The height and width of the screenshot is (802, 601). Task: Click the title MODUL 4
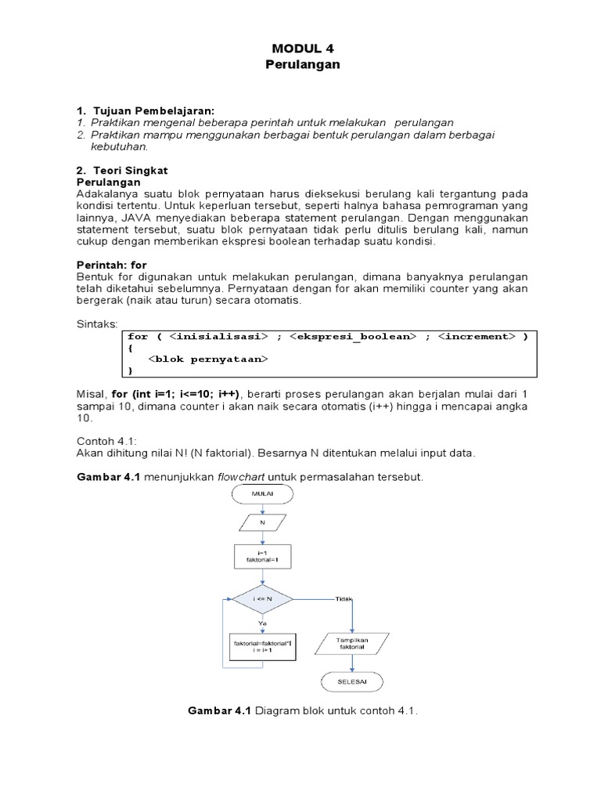[x=302, y=48]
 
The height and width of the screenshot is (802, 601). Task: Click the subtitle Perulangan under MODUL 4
[x=302, y=64]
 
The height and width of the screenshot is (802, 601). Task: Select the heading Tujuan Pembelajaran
[x=153, y=110]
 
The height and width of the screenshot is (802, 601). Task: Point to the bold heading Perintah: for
[x=111, y=266]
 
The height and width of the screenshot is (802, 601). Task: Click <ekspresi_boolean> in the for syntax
[x=351, y=337]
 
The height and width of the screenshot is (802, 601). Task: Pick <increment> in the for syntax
[x=477, y=337]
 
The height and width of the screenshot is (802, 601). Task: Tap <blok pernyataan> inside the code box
[x=208, y=359]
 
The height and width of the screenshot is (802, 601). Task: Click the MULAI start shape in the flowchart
[x=262, y=494]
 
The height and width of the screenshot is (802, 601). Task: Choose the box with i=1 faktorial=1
[x=262, y=557]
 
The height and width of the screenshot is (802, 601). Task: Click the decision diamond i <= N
[x=262, y=598]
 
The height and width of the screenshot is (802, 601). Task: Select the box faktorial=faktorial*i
[x=262, y=646]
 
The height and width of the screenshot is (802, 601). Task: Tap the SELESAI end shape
[x=351, y=682]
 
